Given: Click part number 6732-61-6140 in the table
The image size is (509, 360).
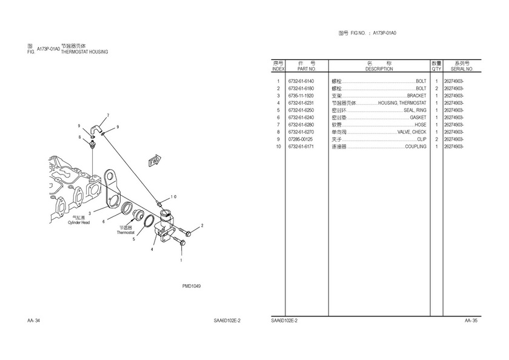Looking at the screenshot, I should pyautogui.click(x=301, y=81).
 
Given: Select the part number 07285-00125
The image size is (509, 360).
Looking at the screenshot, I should pyautogui.click(x=301, y=139).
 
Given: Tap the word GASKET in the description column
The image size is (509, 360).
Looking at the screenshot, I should pyautogui.click(x=418, y=118).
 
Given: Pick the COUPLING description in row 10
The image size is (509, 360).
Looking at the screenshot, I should pyautogui.click(x=416, y=147).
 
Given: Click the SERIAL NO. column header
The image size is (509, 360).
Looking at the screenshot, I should pyautogui.click(x=462, y=69).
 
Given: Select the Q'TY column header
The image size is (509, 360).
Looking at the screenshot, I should pyautogui.click(x=436, y=69).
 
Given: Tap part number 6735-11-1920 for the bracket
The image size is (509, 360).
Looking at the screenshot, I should pyautogui.click(x=301, y=96).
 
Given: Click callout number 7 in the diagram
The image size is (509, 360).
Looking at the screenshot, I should pyautogui.click(x=108, y=115).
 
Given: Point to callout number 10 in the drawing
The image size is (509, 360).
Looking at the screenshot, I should pyautogui.click(x=173, y=196).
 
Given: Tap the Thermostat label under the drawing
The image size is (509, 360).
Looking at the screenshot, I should pyautogui.click(x=125, y=232).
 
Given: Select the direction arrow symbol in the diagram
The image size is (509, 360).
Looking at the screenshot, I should pyautogui.click(x=154, y=161).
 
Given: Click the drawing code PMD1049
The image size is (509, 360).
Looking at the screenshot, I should pyautogui.click(x=191, y=286).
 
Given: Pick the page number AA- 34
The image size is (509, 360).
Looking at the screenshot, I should pyautogui.click(x=33, y=320).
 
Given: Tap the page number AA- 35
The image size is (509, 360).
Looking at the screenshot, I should pyautogui.click(x=471, y=320).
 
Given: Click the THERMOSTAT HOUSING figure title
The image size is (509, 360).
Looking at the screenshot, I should pyautogui.click(x=84, y=52).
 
